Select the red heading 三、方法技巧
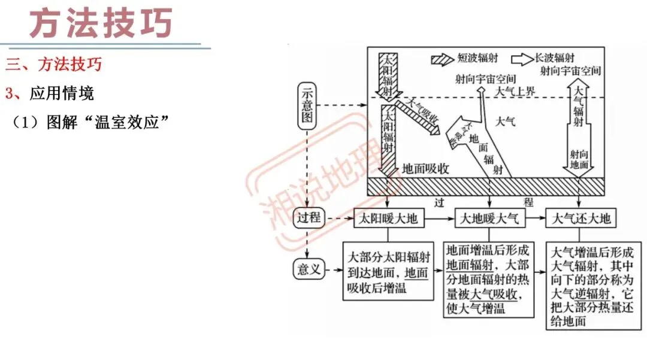point(54,64)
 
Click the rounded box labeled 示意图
point(307,106)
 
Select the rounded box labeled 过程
point(309,218)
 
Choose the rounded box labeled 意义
point(309,269)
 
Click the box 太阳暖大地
point(388,219)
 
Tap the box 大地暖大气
point(489,219)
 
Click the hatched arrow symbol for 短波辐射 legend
point(442,59)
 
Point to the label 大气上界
point(515,92)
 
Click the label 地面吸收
point(425,169)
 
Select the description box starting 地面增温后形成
point(489,278)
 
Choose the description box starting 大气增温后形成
point(590,286)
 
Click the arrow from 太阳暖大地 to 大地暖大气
point(439,219)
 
